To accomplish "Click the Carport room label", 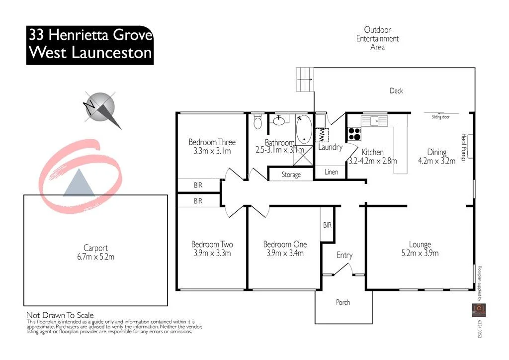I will pyautogui.click(x=95, y=248).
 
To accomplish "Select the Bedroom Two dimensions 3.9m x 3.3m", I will pyautogui.click(x=212, y=253).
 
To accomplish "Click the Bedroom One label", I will pyautogui.click(x=285, y=244).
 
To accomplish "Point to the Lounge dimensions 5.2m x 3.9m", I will pyautogui.click(x=420, y=253).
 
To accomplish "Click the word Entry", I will pyautogui.click(x=344, y=255).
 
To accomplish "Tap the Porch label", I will pyautogui.click(x=343, y=302).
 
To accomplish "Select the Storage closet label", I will pyautogui.click(x=291, y=175).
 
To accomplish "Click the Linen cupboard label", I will pyautogui.click(x=331, y=172).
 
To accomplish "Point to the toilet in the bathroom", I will pyautogui.click(x=257, y=121).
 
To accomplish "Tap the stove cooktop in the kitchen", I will pyautogui.click(x=354, y=134).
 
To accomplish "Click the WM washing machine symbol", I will pyautogui.click(x=322, y=135).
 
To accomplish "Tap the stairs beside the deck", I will pyautogui.click(x=304, y=80).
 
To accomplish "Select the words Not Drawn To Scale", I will pyautogui.click(x=60, y=315).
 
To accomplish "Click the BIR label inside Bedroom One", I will pyautogui.click(x=327, y=225).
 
